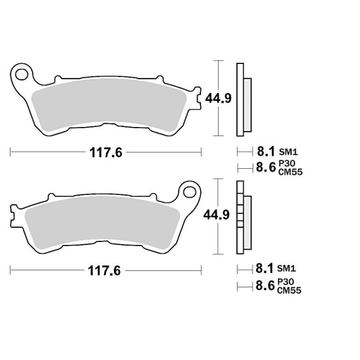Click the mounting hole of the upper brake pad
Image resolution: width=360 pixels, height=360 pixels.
pyautogui.click(x=22, y=75)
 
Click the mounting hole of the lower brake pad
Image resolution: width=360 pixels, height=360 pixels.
pyautogui.click(x=190, y=192)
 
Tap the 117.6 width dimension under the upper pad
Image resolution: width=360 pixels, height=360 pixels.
pyautogui.click(x=106, y=153)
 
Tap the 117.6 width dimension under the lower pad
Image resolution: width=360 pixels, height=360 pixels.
pyautogui.click(x=104, y=271)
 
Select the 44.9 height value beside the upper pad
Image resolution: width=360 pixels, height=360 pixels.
pyautogui.click(x=218, y=98)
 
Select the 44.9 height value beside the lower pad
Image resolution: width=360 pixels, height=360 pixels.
pyautogui.click(x=217, y=215)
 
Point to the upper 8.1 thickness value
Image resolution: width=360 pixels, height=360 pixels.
pyautogui.click(x=266, y=152)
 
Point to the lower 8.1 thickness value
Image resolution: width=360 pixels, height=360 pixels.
pyautogui.click(x=264, y=268)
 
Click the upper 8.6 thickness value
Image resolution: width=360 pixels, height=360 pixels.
pyautogui.click(x=266, y=167)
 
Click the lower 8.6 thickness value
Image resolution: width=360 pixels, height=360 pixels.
pyautogui.click(x=265, y=285)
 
